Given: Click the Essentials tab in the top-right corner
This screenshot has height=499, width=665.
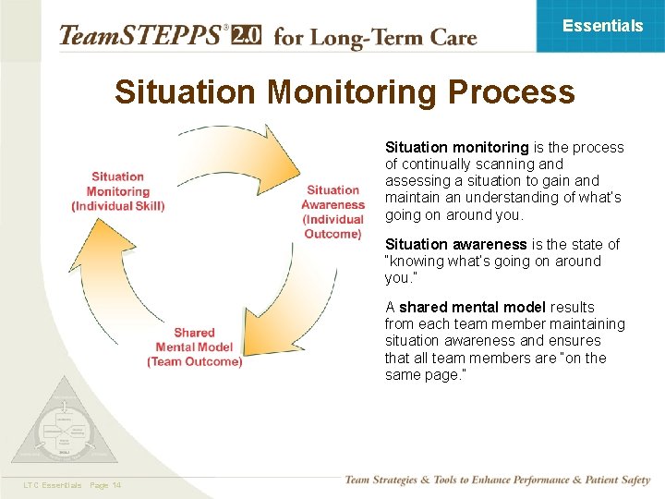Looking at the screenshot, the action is pyautogui.click(x=602, y=26).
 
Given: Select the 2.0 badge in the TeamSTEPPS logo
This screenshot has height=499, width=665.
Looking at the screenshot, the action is pyautogui.click(x=247, y=35).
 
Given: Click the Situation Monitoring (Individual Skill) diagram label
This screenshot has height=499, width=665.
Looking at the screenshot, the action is pyautogui.click(x=117, y=191).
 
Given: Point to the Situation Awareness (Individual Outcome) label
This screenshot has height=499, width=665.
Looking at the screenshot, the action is pyautogui.click(x=332, y=213).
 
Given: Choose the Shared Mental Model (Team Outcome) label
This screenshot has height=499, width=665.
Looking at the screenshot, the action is pyautogui.click(x=194, y=347).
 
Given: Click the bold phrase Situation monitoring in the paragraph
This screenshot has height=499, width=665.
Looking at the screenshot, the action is pyautogui.click(x=456, y=148).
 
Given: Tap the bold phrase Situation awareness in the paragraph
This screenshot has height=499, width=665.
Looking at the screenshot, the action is pyautogui.click(x=456, y=245).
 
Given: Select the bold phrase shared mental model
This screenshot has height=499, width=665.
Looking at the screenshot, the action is pyautogui.click(x=472, y=308).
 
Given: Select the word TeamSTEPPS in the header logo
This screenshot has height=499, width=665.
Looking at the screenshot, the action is pyautogui.click(x=139, y=36).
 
